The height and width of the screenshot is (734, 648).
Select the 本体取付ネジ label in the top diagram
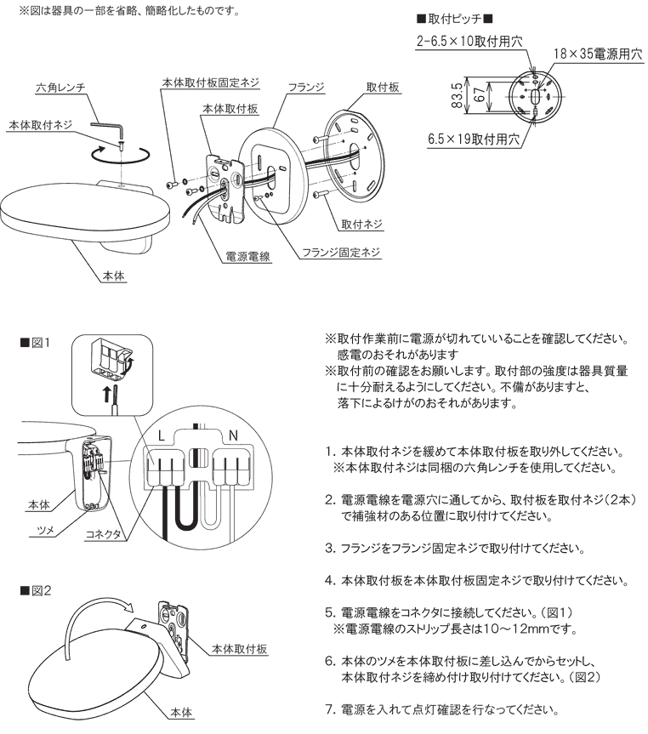40,125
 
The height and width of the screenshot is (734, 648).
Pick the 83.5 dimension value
458,96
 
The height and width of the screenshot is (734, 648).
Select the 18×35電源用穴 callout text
596,53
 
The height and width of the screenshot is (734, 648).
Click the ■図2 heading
37,588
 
